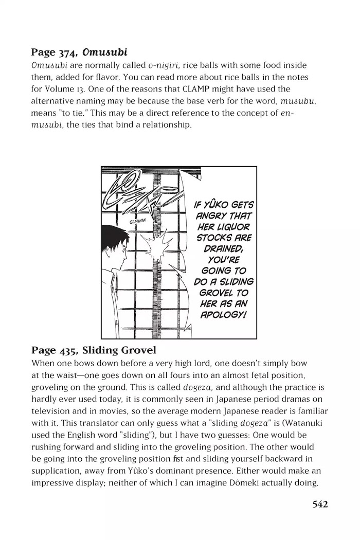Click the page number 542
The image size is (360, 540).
[x=320, y=505]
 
